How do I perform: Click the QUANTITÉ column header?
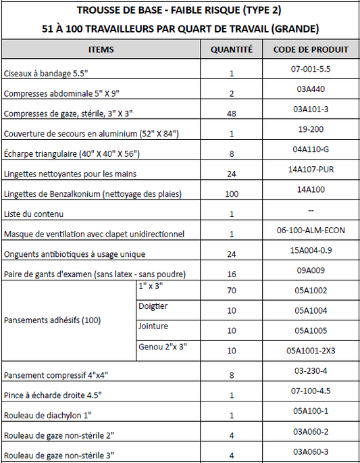point(232,49)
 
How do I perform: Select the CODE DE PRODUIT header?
point(311,49)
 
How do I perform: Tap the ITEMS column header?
point(101,49)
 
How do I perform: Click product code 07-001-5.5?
point(311,69)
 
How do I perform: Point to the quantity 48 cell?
point(232,114)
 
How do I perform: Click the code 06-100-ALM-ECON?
point(311,230)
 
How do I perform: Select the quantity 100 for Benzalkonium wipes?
point(232,194)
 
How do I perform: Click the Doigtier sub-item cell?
point(153,306)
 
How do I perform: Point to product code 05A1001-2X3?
point(311,351)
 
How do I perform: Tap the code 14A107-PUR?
point(311,170)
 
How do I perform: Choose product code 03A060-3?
point(311,452)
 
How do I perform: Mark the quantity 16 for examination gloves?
point(232,274)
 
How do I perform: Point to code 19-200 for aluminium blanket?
point(311,128)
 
